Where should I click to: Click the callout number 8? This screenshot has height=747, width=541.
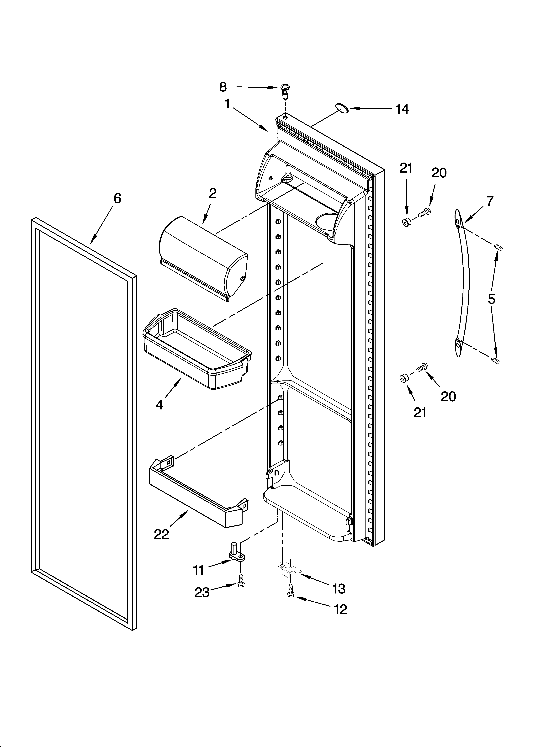(223, 87)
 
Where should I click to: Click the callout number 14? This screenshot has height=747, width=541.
(402, 109)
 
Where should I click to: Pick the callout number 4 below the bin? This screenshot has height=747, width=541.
(159, 404)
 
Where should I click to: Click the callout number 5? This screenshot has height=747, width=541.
(491, 299)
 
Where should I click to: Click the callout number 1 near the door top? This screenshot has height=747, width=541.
(227, 104)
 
